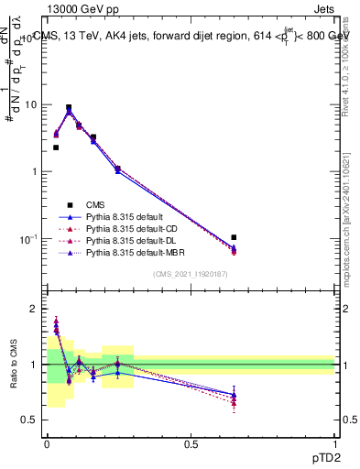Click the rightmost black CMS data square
tap(234, 237)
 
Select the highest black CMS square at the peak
tap(69, 107)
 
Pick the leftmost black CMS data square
tap(56, 147)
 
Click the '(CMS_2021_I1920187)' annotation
tap(191, 274)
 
